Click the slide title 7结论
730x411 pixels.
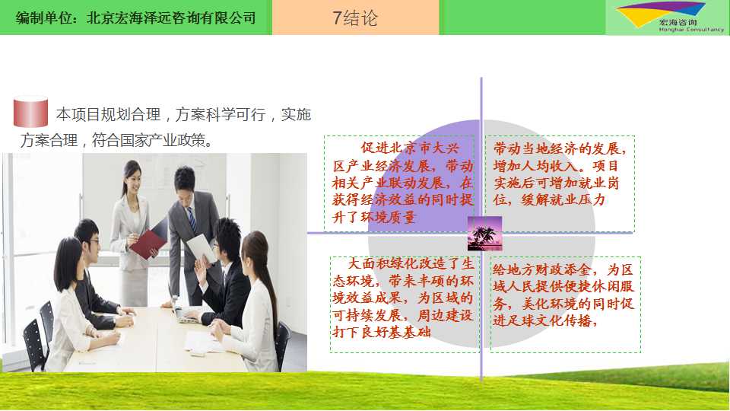pos(355,18)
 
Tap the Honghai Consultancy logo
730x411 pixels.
pos(667,18)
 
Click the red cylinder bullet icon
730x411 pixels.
pos(30,112)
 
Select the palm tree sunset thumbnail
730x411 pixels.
pos(484,234)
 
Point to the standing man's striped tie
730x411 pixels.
pos(192,219)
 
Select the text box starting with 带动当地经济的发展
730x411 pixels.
pos(560,183)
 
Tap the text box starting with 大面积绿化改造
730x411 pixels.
pos(404,304)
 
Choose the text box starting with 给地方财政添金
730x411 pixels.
pos(566,304)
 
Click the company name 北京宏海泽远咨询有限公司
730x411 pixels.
pos(171,18)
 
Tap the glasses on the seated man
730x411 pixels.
pos(94,242)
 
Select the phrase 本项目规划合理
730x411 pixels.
pos(108,114)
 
